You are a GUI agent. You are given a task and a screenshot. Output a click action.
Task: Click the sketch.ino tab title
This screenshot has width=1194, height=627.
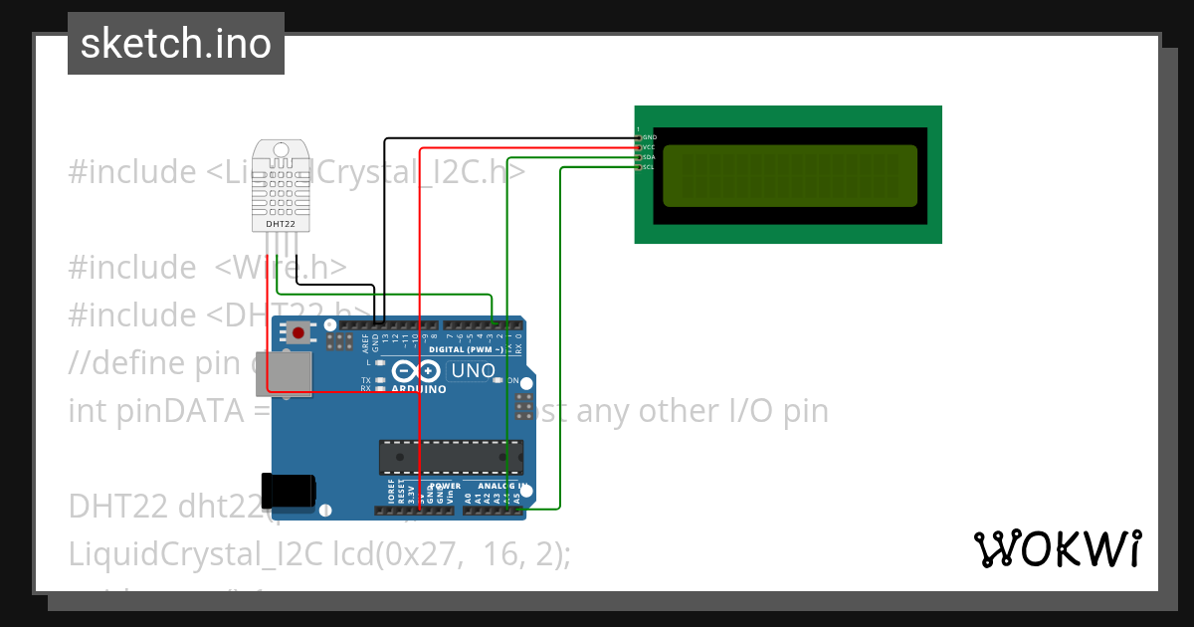[x=175, y=44]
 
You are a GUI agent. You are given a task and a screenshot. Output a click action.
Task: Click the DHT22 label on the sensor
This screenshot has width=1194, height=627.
[x=281, y=225]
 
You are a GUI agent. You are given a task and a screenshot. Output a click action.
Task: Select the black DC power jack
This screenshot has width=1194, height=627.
[x=288, y=491]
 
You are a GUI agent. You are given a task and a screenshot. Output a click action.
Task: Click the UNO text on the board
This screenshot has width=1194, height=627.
[x=473, y=371]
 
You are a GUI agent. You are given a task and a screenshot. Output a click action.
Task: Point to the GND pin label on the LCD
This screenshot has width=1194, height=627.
[x=649, y=137]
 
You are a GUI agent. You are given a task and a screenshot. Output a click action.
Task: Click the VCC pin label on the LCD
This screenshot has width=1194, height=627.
[x=649, y=147]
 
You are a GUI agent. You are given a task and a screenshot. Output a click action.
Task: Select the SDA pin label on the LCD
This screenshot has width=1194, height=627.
[x=649, y=157]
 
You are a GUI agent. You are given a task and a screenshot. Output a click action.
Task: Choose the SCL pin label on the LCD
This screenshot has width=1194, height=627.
[x=649, y=167]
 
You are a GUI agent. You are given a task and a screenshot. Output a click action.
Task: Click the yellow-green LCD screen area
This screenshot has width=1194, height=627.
[x=789, y=175]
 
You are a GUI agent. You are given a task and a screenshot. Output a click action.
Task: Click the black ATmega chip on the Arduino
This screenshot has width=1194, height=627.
[x=451, y=456]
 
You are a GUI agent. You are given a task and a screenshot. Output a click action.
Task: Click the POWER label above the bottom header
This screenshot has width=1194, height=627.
[x=445, y=486]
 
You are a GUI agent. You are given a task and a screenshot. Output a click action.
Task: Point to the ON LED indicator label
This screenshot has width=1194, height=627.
[x=512, y=381]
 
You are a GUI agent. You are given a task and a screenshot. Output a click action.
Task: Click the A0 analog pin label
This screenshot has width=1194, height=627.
[x=468, y=496]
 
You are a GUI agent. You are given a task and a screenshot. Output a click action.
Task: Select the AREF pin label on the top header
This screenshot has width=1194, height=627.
[x=365, y=343]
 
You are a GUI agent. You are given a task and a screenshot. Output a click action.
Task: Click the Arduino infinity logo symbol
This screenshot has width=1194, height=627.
[x=416, y=371]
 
